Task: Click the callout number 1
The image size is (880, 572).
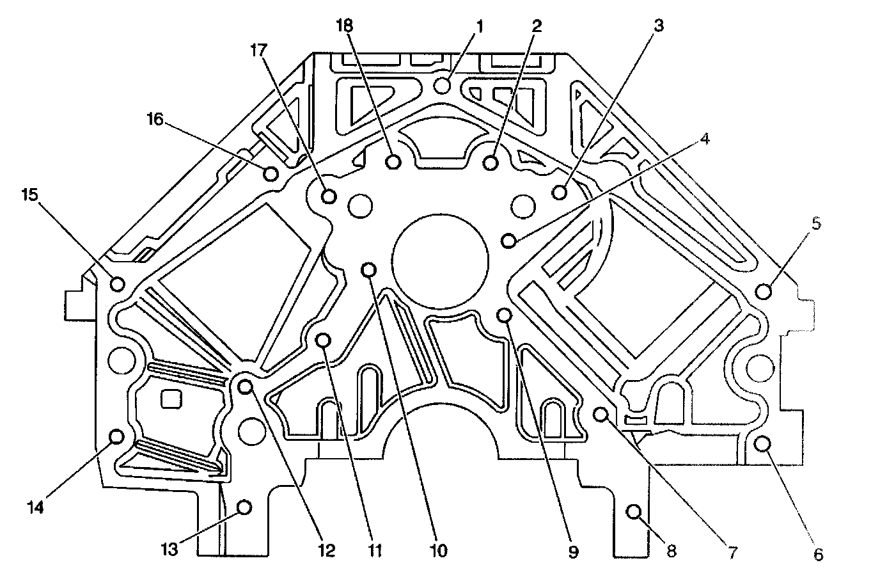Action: coord(480,26)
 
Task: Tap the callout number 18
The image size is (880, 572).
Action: coord(345,25)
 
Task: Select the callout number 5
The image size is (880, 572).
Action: coord(817,224)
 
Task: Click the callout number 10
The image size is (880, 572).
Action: coord(439,550)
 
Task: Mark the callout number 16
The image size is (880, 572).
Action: coord(155,119)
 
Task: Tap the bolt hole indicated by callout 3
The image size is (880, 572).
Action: coord(560,191)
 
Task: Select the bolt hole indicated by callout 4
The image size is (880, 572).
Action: coord(509,241)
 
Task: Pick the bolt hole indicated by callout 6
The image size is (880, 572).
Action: coord(762,443)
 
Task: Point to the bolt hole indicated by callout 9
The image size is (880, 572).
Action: coord(505,314)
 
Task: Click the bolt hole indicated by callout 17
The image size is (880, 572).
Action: coord(329,195)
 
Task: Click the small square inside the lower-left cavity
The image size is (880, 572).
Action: coord(169,400)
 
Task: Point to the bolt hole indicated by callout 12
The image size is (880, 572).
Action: coord(245,386)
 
